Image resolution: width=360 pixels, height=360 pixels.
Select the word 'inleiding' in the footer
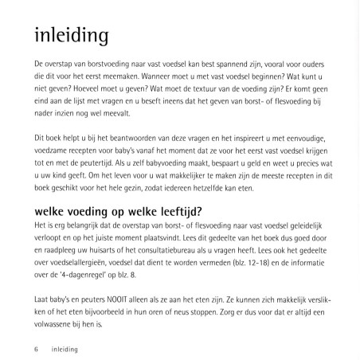[66, 347]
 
